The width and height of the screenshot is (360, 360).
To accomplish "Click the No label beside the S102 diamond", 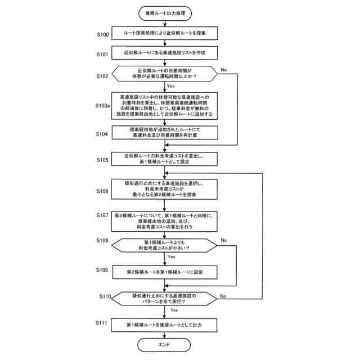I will tap(224, 70).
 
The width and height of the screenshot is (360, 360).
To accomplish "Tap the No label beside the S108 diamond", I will tap(224, 241).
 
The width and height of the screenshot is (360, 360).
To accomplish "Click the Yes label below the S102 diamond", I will tap(171, 86).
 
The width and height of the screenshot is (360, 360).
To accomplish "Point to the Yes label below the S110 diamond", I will tap(174, 310).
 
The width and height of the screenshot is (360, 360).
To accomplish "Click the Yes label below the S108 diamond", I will tap(171, 257).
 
